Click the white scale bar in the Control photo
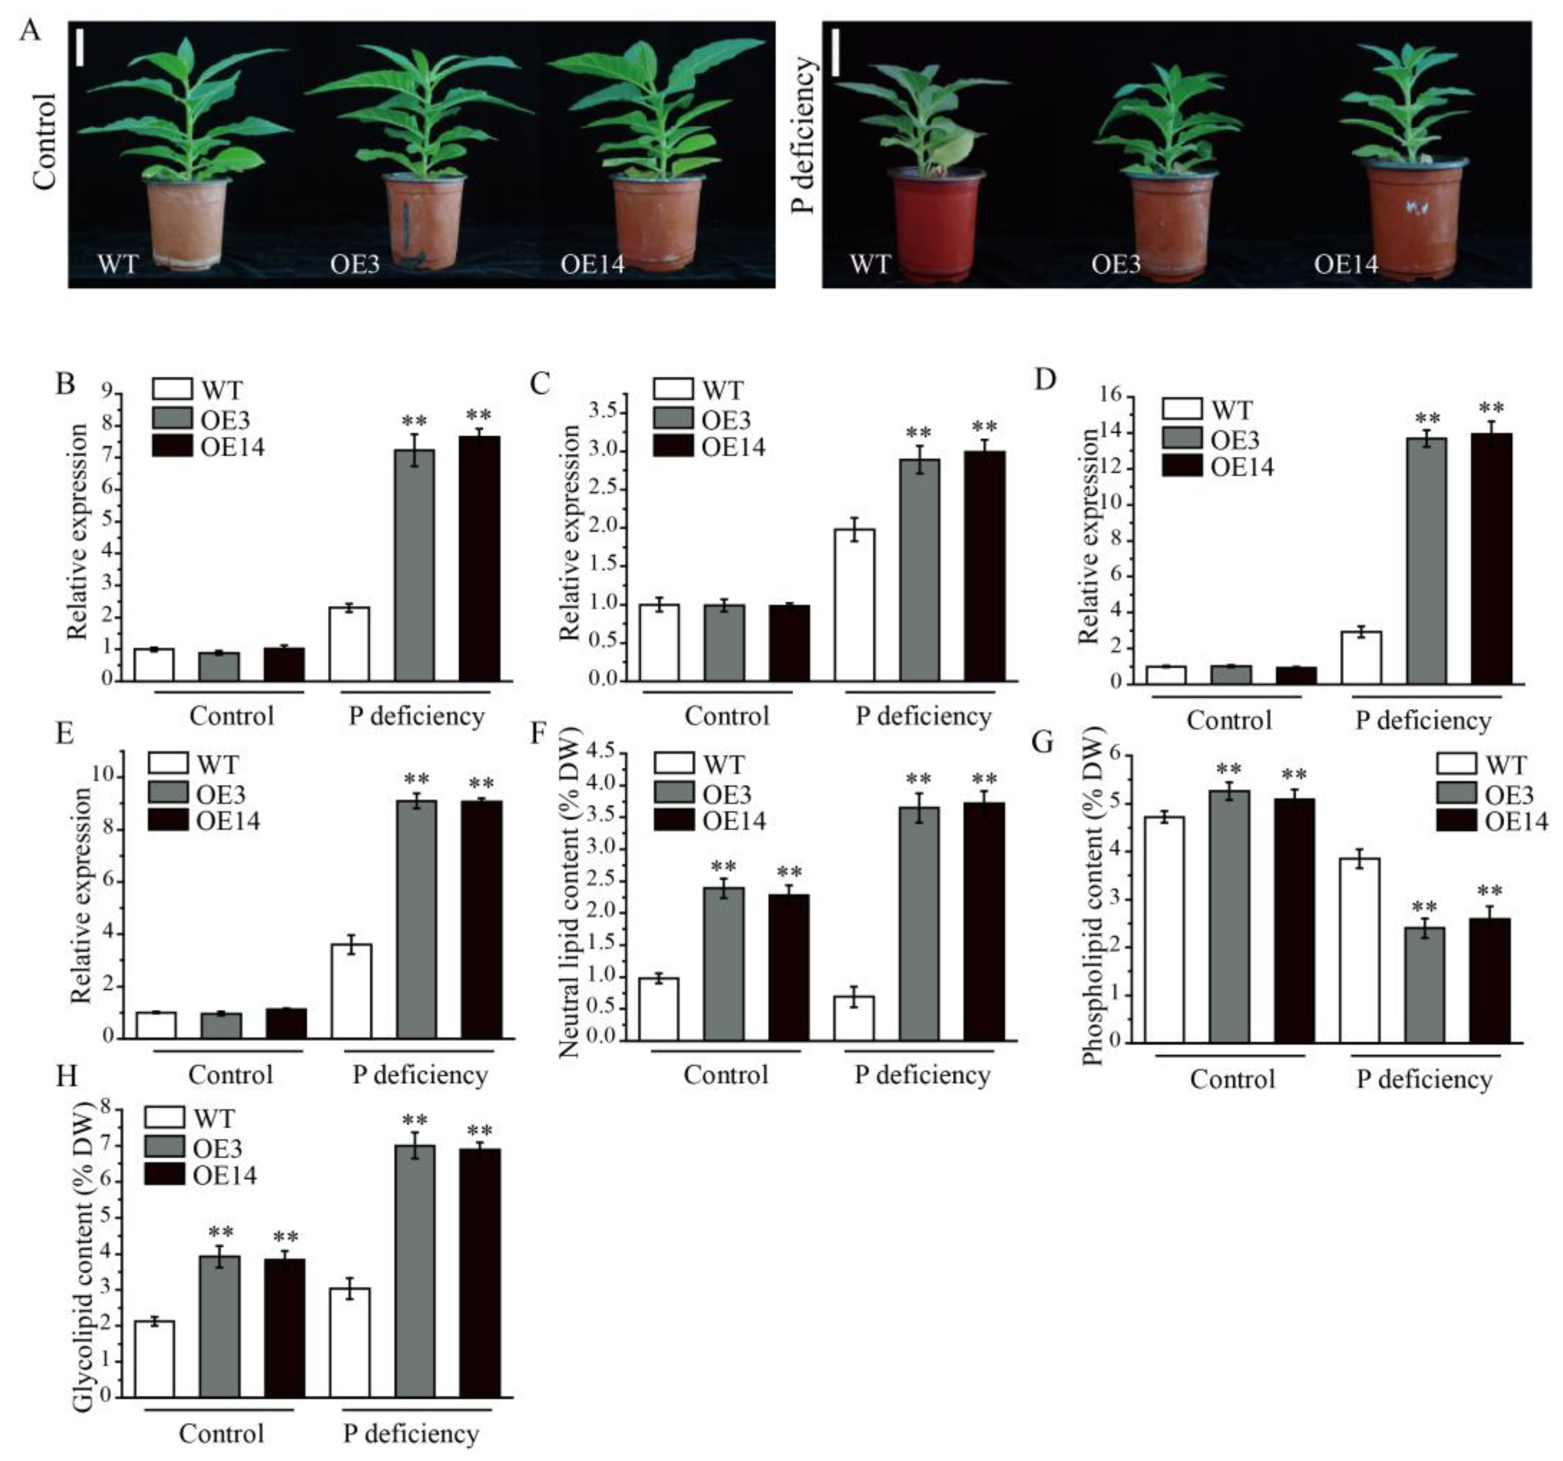(x=81, y=48)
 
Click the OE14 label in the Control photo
(x=592, y=264)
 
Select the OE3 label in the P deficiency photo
(x=1116, y=264)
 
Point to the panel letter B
(x=66, y=384)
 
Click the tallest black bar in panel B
(x=479, y=558)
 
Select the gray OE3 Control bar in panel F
(x=723, y=964)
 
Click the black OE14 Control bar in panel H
(x=284, y=1328)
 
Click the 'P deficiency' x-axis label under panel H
(x=411, y=1433)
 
